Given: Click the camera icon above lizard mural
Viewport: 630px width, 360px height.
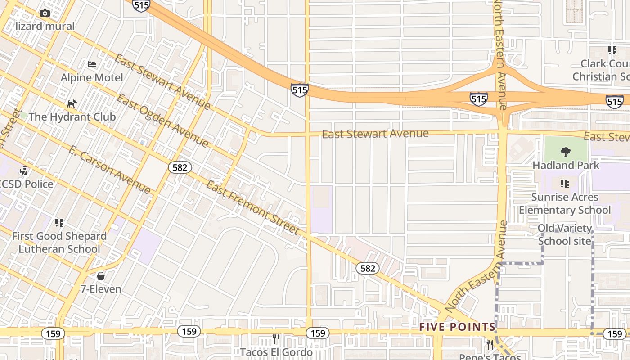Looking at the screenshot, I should (x=45, y=13).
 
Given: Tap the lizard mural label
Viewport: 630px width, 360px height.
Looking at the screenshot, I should (x=45, y=26).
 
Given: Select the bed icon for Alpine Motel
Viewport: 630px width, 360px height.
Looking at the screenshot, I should (x=92, y=64).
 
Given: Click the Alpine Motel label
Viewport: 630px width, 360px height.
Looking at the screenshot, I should (x=92, y=77).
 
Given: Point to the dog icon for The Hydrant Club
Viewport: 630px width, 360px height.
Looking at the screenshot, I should (x=72, y=104).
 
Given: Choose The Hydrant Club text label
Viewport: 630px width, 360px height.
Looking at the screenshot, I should (x=72, y=117).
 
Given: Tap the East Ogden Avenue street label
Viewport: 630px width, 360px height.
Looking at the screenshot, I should (x=162, y=121).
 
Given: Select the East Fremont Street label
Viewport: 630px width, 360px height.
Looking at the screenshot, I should (x=252, y=207).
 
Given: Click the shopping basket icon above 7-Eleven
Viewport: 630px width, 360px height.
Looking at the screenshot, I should (x=101, y=275).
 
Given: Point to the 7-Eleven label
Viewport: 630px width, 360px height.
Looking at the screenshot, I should (x=101, y=289).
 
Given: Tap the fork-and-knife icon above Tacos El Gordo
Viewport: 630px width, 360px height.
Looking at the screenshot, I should (x=276, y=338).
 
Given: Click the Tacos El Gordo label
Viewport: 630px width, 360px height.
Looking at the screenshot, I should (x=276, y=352).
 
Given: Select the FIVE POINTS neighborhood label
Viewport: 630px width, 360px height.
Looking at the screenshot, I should (x=457, y=327).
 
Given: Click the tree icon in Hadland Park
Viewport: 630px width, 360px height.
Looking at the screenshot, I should (x=566, y=152).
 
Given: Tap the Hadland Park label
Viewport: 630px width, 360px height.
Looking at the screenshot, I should (x=566, y=165).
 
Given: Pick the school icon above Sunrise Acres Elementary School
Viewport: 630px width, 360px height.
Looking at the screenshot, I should (x=565, y=184).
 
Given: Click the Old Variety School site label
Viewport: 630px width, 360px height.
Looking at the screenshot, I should (x=565, y=234).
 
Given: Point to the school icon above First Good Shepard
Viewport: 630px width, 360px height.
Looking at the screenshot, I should (x=59, y=223).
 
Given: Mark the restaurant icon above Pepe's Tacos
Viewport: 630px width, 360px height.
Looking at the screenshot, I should (x=490, y=345).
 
